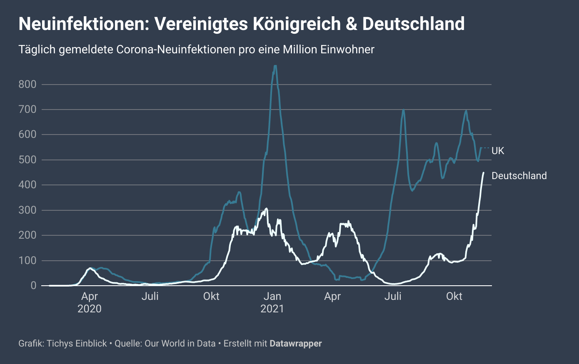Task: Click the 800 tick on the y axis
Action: pyautogui.click(x=27, y=85)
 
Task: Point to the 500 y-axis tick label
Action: pyautogui.click(x=27, y=160)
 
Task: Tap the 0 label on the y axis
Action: pyautogui.click(x=33, y=286)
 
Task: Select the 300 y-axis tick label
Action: pyautogui.click(x=27, y=210)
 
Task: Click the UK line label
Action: pyautogui.click(x=498, y=151)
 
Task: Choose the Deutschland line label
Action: pyautogui.click(x=519, y=176)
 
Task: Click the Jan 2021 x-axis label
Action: pyautogui.click(x=272, y=302)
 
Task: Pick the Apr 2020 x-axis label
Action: pyautogui.click(x=90, y=302)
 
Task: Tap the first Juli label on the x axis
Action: pyautogui.click(x=150, y=297)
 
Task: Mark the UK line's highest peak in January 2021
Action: pyautogui.click(x=275, y=66)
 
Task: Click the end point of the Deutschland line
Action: pyautogui.click(x=483, y=172)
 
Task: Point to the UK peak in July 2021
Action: pyautogui.click(x=403, y=110)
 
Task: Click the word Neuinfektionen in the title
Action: pyautogui.click(x=80, y=24)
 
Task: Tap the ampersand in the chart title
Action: pyautogui.click(x=352, y=24)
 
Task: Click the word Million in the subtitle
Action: pyautogui.click(x=299, y=50)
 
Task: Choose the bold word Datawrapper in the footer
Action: pyautogui.click(x=296, y=344)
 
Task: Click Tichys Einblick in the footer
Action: pyautogui.click(x=77, y=344)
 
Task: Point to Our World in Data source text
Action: pyautogui.click(x=180, y=344)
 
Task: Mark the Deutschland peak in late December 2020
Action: pyautogui.click(x=266, y=209)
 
